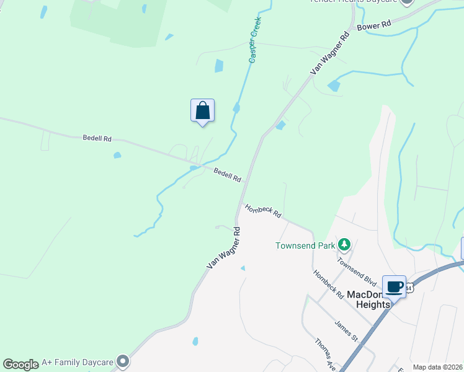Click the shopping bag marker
202,111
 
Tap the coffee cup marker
394,287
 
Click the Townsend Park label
305,246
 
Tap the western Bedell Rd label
97,138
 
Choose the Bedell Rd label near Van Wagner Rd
227,175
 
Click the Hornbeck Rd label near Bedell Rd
263,211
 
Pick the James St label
346,330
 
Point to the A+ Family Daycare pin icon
123,361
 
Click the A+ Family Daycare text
78,361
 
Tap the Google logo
20,364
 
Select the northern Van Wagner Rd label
330,53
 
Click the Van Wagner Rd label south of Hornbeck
223,248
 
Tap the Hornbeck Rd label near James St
328,285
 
